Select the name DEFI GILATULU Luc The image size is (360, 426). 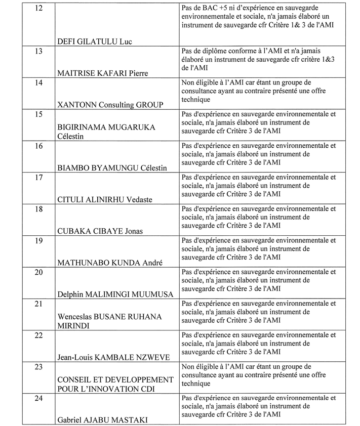click(95, 41)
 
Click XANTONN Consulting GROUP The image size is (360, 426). click(110, 105)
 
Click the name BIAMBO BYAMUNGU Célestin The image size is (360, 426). click(112, 168)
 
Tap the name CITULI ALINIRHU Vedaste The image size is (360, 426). click(104, 199)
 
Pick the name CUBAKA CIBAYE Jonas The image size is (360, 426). click(100, 231)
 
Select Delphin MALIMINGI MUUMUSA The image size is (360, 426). click(115, 294)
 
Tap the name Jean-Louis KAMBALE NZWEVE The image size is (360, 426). click(113, 357)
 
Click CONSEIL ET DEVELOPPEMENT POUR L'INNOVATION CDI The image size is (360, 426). click(115, 384)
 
